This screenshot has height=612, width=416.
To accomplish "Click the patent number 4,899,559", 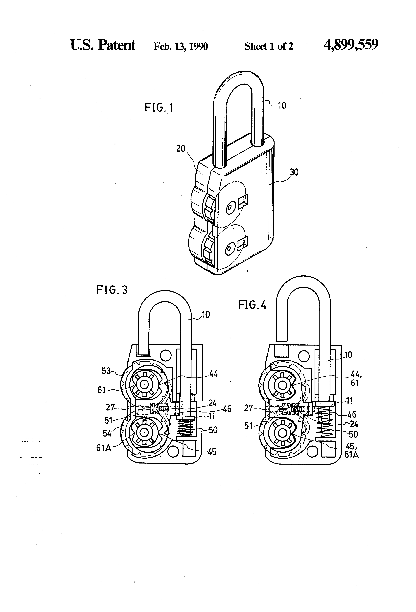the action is coord(351,45).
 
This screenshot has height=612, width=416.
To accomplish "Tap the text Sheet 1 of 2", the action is coord(269,46).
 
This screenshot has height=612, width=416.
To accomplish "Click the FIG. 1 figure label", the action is coord(159,108).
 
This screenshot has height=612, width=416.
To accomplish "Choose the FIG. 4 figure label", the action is coord(252,305).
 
